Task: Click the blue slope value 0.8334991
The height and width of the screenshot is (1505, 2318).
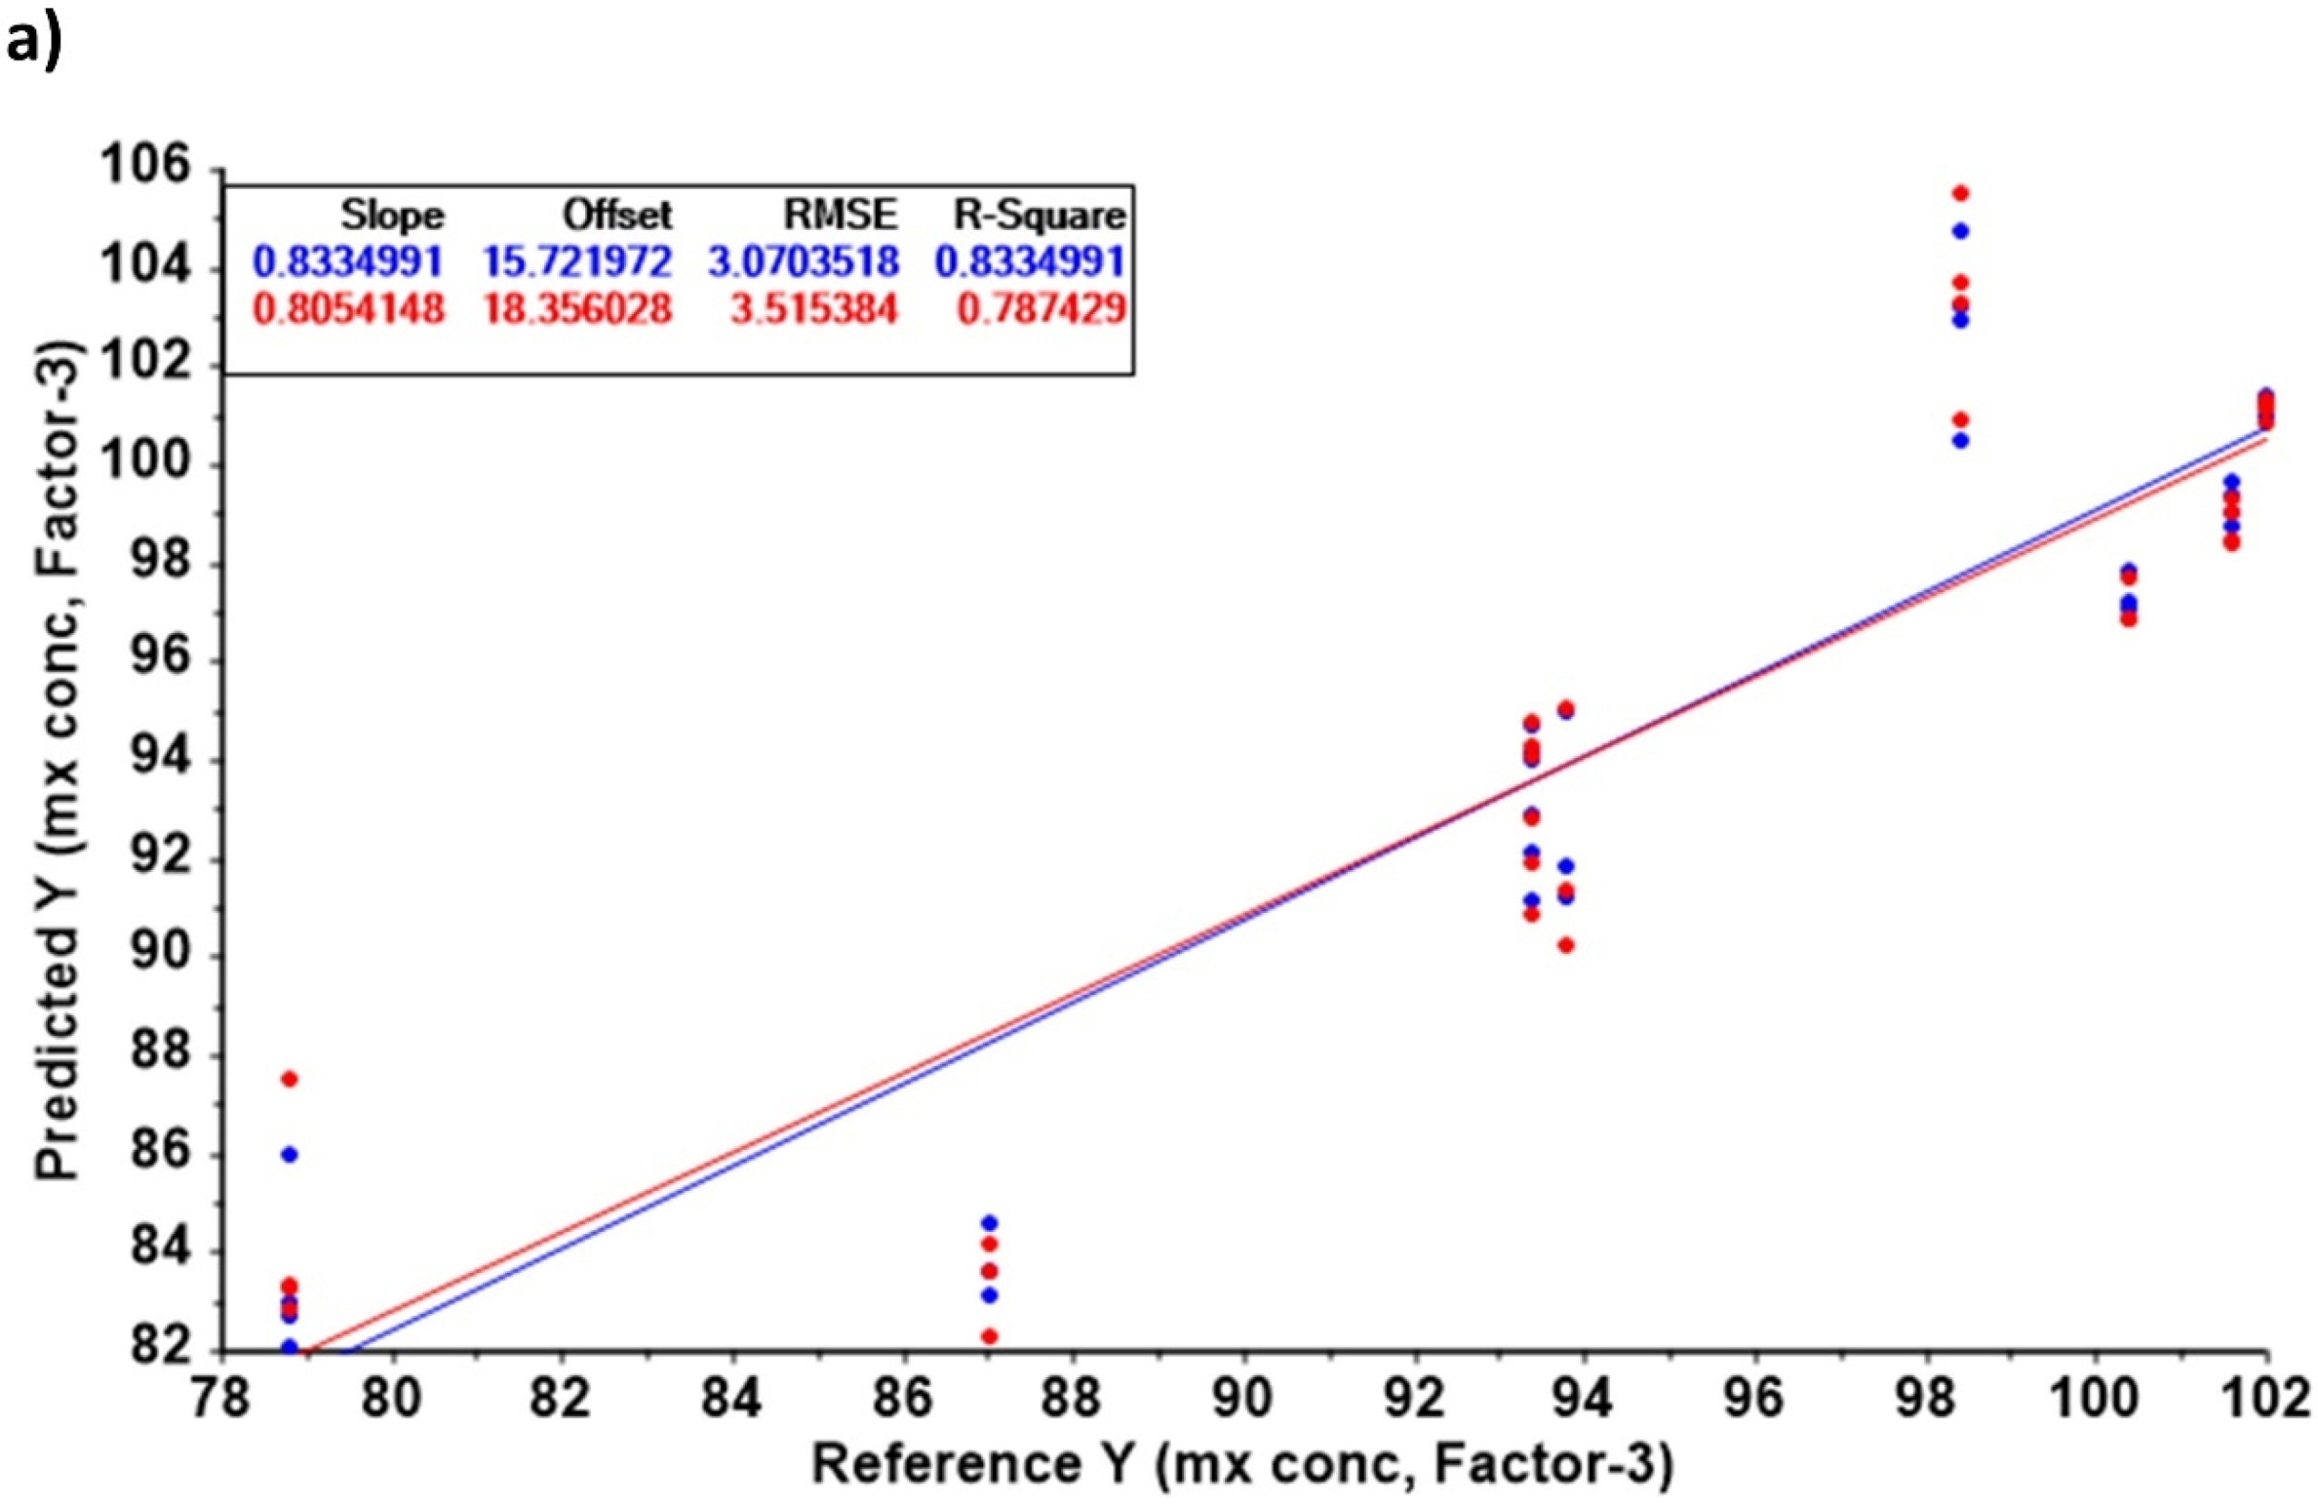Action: point(348,261)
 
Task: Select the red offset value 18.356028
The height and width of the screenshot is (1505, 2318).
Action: point(577,309)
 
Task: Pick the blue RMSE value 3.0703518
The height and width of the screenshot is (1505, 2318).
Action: point(804,261)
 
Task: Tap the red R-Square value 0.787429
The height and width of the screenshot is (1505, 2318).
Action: point(1041,309)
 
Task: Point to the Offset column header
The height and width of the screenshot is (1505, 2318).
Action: point(616,214)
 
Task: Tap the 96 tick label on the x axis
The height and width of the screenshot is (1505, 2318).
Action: point(1755,1401)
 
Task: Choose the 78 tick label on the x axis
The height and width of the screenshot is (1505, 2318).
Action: point(222,1401)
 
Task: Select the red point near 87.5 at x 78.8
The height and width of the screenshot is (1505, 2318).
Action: point(289,1079)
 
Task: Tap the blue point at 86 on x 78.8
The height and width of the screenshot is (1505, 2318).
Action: point(289,1155)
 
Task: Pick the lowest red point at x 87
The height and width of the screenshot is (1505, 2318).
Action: point(989,1336)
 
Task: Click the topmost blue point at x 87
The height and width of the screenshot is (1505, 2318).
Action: point(989,1223)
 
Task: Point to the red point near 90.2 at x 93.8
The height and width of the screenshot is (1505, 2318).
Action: point(1565,945)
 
